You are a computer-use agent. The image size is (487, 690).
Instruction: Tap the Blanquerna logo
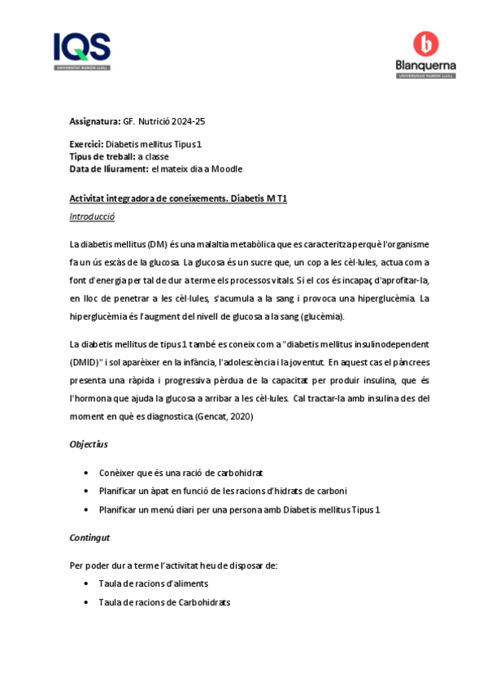click(x=425, y=55)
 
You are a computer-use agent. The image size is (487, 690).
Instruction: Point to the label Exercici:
click(x=86, y=144)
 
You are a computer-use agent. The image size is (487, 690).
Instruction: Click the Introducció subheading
click(x=92, y=217)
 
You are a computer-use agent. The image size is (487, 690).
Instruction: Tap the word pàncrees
click(x=411, y=363)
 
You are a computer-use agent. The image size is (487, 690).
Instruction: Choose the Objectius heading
click(x=89, y=444)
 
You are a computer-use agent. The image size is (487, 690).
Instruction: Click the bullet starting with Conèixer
click(x=180, y=473)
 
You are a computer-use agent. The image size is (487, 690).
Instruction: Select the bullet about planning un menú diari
click(x=239, y=509)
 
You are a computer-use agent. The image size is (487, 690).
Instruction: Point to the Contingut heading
click(x=89, y=538)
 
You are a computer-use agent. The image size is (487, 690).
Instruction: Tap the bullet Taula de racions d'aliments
click(x=153, y=583)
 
